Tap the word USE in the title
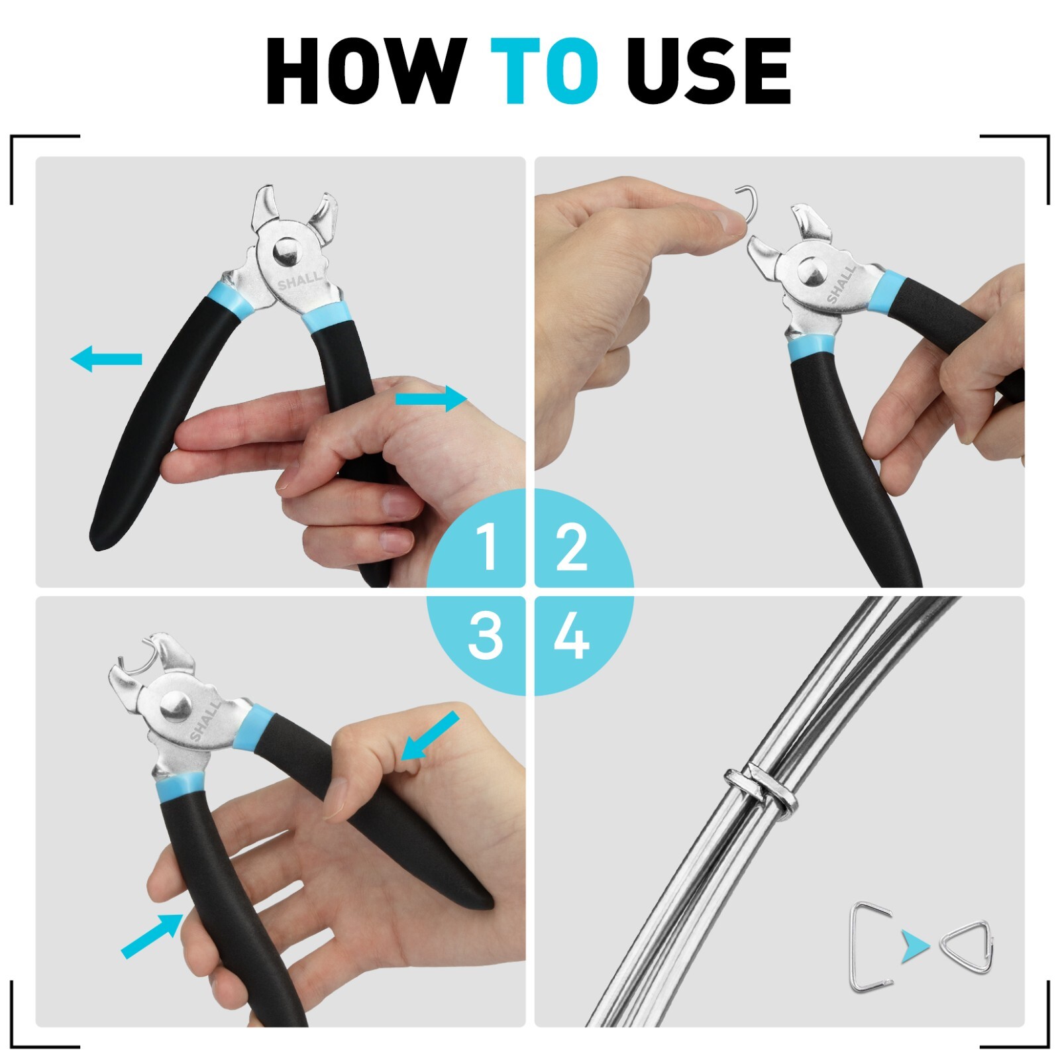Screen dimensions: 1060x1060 coord(709,71)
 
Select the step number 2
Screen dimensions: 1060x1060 coord(572,547)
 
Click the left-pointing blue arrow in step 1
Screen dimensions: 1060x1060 coord(106,359)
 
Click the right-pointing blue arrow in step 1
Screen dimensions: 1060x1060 coord(431,399)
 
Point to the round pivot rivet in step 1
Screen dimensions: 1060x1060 coord(286,252)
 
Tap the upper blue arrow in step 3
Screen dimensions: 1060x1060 coord(430,735)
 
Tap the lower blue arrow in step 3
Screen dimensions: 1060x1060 coord(151,935)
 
